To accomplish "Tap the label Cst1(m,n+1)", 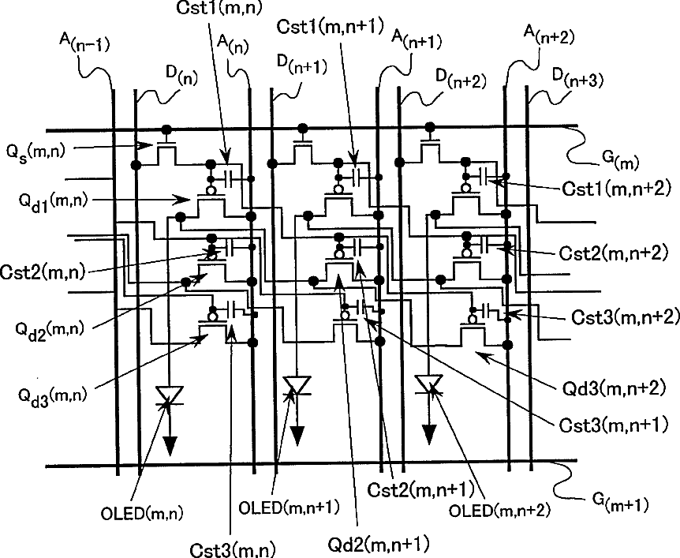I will tap(329, 25).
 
